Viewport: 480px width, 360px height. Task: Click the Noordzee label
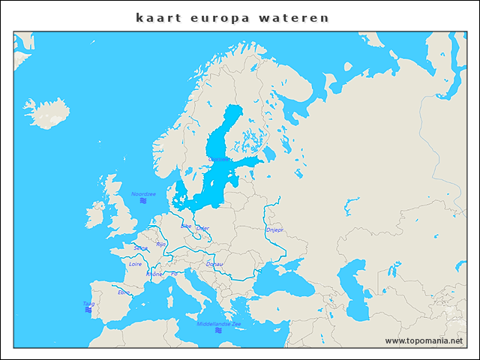click(x=143, y=193)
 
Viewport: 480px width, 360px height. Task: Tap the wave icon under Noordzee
click(x=143, y=201)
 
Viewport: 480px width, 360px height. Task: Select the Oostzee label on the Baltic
click(x=219, y=160)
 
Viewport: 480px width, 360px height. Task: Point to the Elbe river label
click(x=186, y=225)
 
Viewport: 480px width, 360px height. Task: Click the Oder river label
click(x=202, y=228)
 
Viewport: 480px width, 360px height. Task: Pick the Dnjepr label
click(x=274, y=230)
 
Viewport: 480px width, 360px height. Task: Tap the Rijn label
click(x=161, y=244)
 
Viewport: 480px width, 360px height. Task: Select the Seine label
click(x=140, y=247)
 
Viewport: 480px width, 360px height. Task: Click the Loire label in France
click(x=135, y=264)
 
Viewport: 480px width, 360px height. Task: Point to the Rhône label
click(x=154, y=274)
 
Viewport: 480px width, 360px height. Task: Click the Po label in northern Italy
click(x=174, y=274)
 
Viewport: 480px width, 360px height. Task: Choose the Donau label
click(x=214, y=264)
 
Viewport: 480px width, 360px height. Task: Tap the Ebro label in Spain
click(x=124, y=292)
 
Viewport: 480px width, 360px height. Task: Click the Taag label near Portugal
click(x=88, y=303)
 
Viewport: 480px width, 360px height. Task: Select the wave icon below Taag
click(x=88, y=310)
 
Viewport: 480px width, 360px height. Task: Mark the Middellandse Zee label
click(x=219, y=323)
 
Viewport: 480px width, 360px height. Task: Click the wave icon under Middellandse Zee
click(x=219, y=330)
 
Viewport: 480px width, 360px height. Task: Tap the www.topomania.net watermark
click(x=424, y=341)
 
